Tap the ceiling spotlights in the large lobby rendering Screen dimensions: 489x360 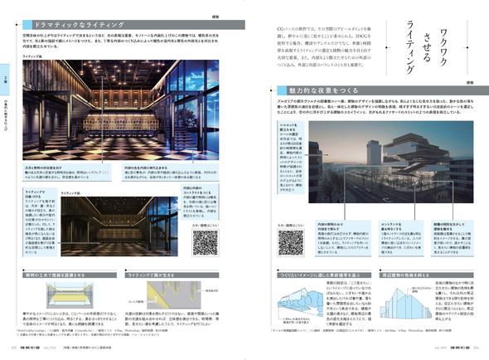(x=108, y=71)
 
